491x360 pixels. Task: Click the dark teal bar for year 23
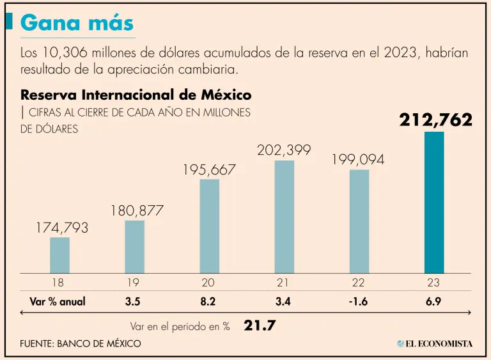(x=434, y=203)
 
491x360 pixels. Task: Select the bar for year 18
(x=59, y=255)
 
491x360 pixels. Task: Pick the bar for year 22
(x=359, y=221)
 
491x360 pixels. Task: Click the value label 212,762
(x=435, y=120)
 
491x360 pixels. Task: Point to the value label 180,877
(x=137, y=210)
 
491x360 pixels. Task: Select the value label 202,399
(x=284, y=151)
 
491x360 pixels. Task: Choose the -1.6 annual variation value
(x=359, y=302)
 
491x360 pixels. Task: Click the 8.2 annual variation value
(x=209, y=302)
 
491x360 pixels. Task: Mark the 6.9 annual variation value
(x=434, y=302)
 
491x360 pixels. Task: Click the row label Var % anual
(x=58, y=302)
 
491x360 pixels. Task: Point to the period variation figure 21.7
(x=260, y=325)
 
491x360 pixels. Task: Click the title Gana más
(x=77, y=22)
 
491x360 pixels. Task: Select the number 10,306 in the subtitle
(x=66, y=52)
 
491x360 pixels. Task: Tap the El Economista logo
(x=435, y=343)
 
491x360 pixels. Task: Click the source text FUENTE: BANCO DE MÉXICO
(x=81, y=343)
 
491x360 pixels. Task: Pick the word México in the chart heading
(x=224, y=95)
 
